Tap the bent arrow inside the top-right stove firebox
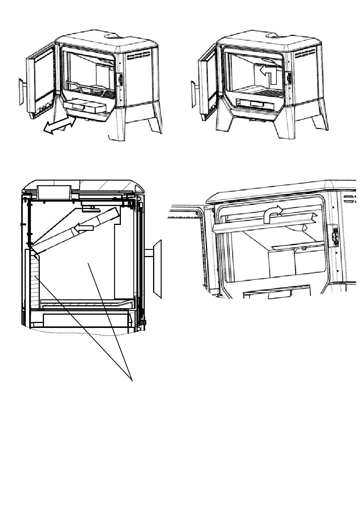click(x=269, y=73)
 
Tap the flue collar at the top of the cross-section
click(x=54, y=192)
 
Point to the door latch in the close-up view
click(x=335, y=237)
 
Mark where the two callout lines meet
click(x=132, y=380)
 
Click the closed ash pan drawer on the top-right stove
click(x=258, y=103)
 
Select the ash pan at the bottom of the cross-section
click(x=86, y=320)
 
